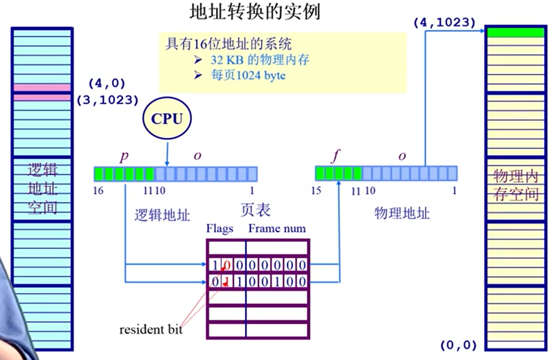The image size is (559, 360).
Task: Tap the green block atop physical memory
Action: click(515, 32)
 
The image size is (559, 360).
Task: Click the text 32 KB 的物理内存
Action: click(259, 60)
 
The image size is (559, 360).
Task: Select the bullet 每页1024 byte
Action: click(248, 76)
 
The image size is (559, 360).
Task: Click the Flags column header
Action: click(220, 228)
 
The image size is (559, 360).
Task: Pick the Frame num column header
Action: click(277, 228)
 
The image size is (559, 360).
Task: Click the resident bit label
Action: click(151, 330)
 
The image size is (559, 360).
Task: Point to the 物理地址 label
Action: click(402, 212)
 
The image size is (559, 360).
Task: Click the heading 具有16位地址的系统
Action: click(229, 44)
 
